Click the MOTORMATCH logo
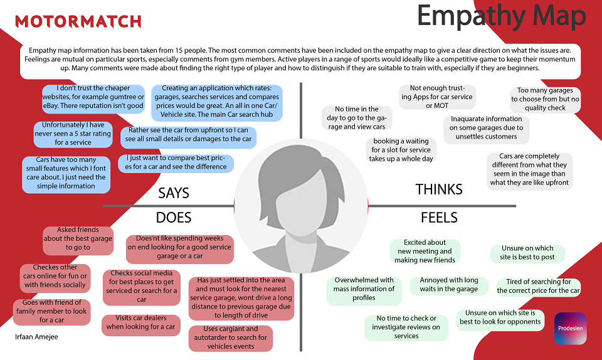click(x=78, y=21)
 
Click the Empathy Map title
click(x=502, y=16)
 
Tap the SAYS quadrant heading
click(x=174, y=193)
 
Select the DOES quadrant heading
click(x=174, y=218)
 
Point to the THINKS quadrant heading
click(x=439, y=189)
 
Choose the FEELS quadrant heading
click(x=439, y=218)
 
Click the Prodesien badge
click(x=571, y=328)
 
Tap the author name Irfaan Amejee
click(x=36, y=337)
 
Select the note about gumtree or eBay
click(x=93, y=97)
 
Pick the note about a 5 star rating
click(x=73, y=134)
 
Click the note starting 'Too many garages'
click(x=545, y=99)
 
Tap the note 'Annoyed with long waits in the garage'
click(x=449, y=285)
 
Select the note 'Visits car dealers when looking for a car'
click(x=141, y=323)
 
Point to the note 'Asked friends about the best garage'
click(x=78, y=239)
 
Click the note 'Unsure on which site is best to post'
click(x=527, y=253)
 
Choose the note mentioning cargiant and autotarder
click(x=230, y=338)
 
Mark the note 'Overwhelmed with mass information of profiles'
click(x=364, y=289)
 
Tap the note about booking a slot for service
click(x=401, y=150)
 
